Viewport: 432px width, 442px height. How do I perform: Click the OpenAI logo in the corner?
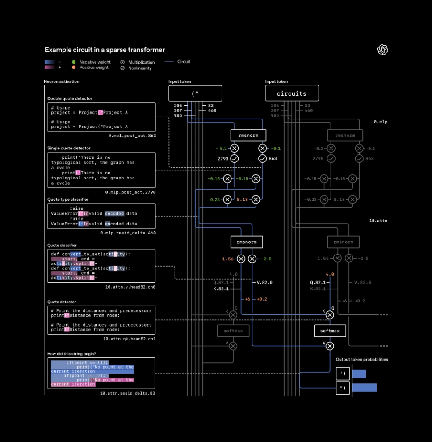coord(383,50)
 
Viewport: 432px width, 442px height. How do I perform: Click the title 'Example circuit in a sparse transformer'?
coord(105,50)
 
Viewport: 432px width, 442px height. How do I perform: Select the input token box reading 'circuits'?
coord(292,93)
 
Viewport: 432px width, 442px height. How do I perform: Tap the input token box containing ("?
coord(195,93)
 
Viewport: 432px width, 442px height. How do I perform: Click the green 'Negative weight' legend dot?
coord(74,62)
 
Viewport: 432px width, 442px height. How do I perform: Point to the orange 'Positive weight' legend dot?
coord(74,68)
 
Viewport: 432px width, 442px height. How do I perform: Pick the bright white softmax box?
coord(330,331)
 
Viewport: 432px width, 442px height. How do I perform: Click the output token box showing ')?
coord(343,374)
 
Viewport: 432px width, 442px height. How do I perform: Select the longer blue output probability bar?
coord(365,387)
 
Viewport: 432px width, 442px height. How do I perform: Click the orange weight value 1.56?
coord(228,259)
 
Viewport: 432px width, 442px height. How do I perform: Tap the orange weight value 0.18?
coord(242,200)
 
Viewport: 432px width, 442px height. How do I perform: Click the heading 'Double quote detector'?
coord(70,98)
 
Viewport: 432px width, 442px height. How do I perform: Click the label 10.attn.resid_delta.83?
coord(127,393)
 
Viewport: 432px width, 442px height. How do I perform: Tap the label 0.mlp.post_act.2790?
coord(130,192)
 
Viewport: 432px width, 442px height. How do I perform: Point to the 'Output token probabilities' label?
coord(362,359)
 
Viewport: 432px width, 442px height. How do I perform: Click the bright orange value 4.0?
coord(330,275)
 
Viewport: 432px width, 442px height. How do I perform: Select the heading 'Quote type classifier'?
coord(68,200)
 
